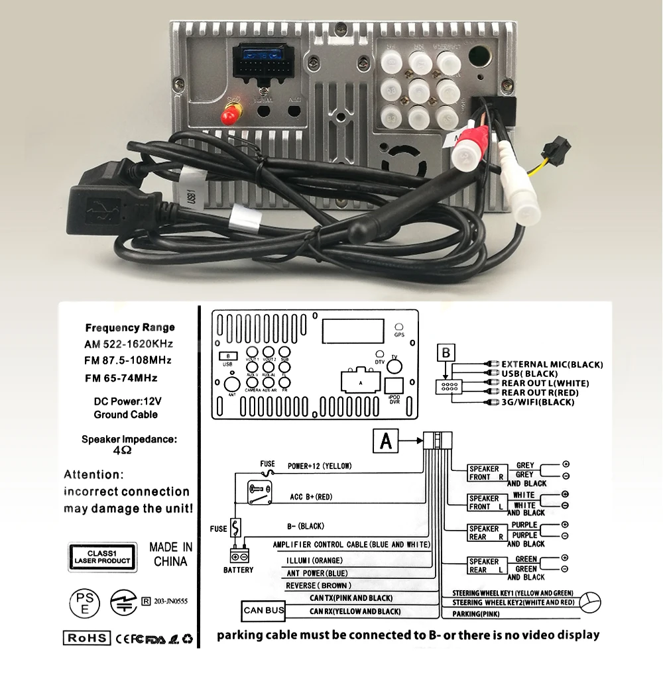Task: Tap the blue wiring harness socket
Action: pyautogui.click(x=263, y=66)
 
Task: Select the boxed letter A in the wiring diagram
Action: pyautogui.click(x=387, y=441)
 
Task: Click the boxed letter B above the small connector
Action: pyautogui.click(x=447, y=352)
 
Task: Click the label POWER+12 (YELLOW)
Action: pyautogui.click(x=319, y=466)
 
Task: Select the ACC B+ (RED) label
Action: pyautogui.click(x=311, y=497)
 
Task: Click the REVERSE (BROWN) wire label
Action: pyautogui.click(x=318, y=586)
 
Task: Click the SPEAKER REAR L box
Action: pyautogui.click(x=485, y=566)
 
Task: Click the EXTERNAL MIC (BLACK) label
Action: pyautogui.click(x=552, y=364)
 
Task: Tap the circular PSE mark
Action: pyautogui.click(x=85, y=601)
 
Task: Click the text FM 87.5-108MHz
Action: pyautogui.click(x=128, y=360)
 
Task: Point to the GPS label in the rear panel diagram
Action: pyautogui.click(x=399, y=335)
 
